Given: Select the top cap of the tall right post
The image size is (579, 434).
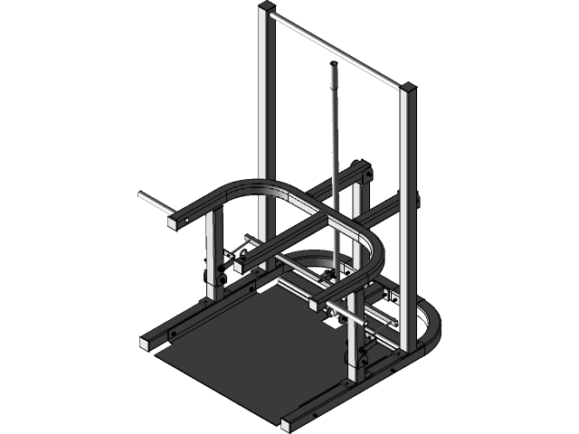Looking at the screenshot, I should [408, 89].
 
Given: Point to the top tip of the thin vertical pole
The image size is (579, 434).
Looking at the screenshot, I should [333, 64].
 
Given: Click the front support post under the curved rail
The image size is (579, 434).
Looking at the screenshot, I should [351, 339].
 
